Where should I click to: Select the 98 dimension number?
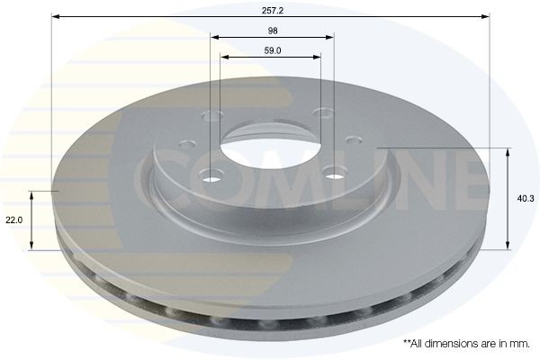(272, 30)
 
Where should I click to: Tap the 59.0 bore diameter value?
(272, 50)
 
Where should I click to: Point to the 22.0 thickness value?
(13, 220)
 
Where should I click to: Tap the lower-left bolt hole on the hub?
(212, 175)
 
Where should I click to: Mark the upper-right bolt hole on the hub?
(323, 112)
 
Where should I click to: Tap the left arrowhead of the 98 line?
(215, 37)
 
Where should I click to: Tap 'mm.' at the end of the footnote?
(518, 344)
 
